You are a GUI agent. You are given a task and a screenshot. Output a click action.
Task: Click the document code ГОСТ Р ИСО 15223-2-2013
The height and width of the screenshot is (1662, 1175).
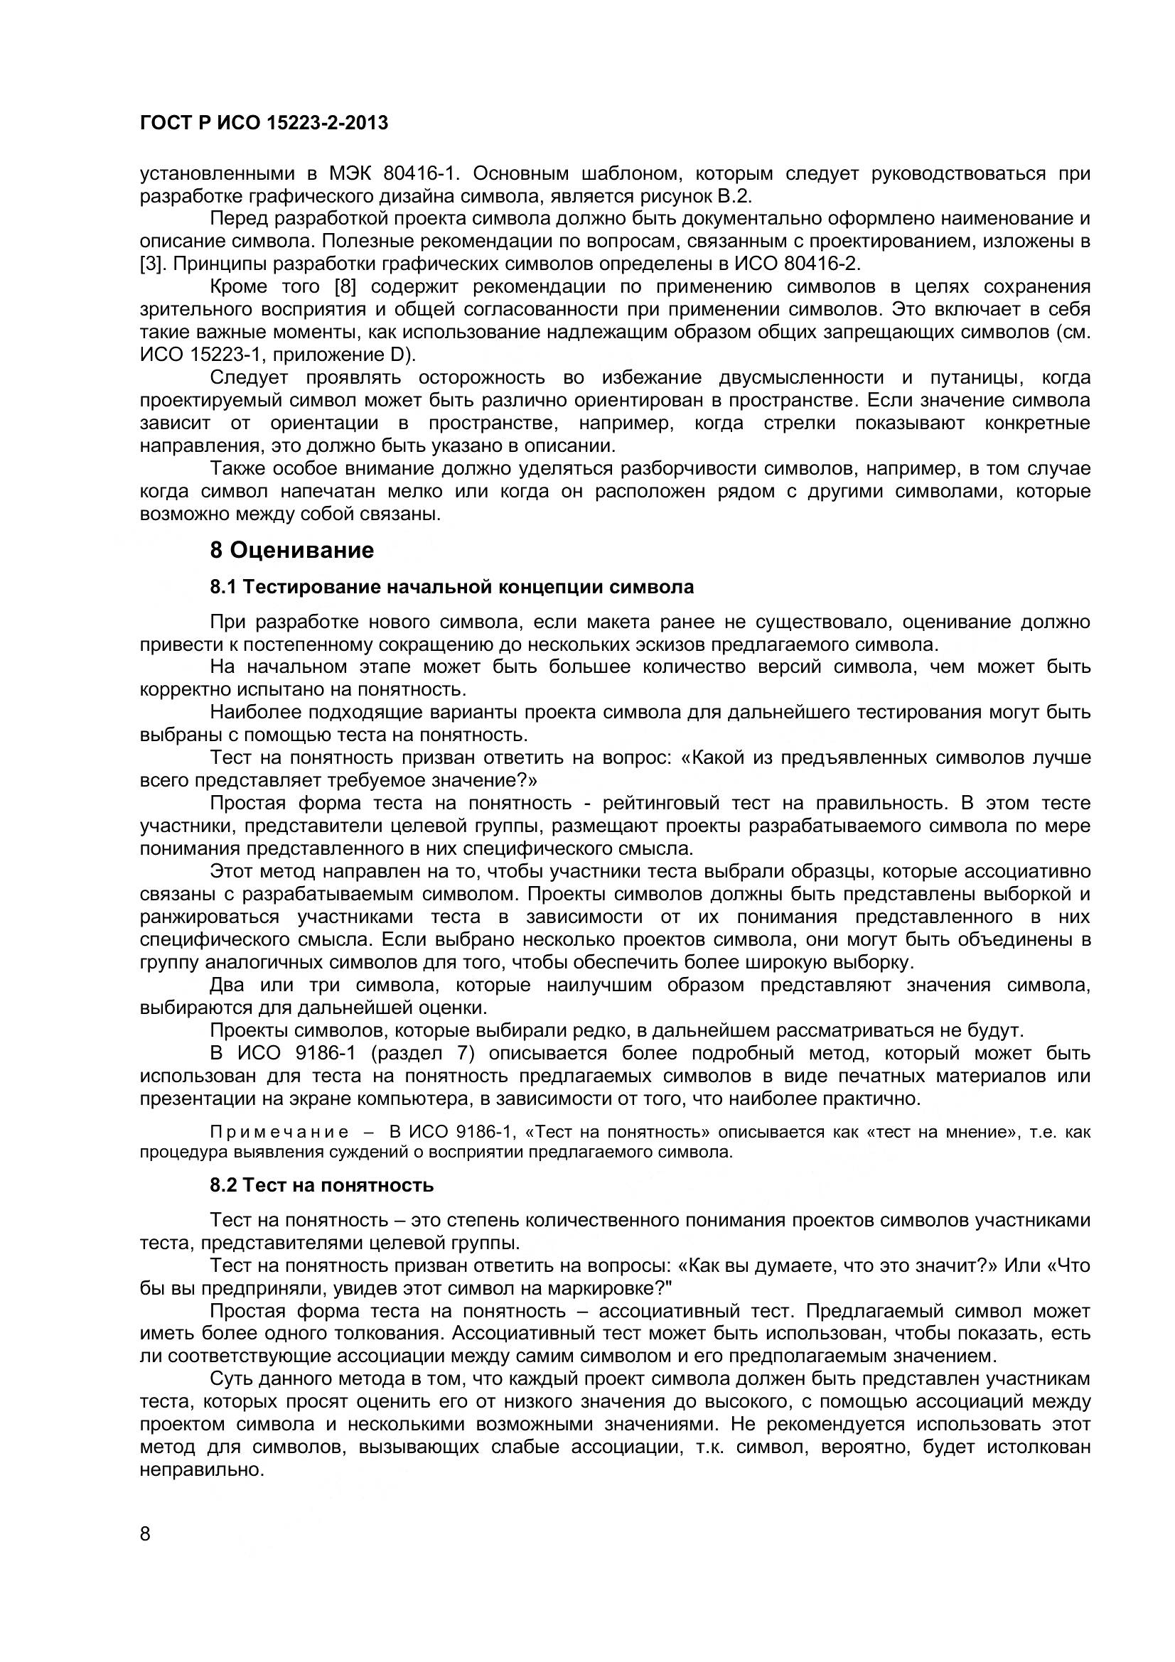[264, 123]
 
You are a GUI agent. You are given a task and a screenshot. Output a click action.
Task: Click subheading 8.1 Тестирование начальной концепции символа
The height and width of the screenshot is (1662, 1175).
[452, 586]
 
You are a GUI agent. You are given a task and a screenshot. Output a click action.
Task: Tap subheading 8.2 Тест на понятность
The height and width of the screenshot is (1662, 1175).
[321, 1185]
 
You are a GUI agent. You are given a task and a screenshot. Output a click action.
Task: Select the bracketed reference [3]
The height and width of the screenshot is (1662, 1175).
[151, 264]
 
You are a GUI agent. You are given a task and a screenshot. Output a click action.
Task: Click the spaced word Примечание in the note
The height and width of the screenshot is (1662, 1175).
[279, 1132]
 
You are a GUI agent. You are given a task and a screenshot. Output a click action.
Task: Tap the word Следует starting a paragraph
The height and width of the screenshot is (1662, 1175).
[248, 377]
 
